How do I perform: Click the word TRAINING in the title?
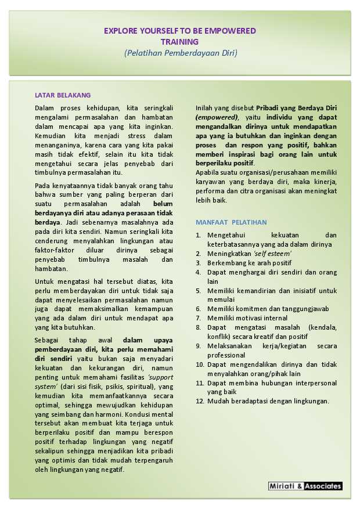point(179,42)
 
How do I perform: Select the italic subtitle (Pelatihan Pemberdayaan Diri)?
point(181,53)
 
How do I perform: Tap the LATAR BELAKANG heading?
point(63,95)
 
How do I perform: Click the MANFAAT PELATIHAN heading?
point(231,222)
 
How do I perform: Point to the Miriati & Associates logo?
point(305,486)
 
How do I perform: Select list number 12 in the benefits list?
point(199,401)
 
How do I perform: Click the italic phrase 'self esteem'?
point(272,254)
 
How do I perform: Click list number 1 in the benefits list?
point(198,235)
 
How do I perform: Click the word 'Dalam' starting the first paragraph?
point(45,108)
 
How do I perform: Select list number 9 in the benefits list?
point(199,346)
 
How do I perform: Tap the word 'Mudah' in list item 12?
point(217,401)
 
